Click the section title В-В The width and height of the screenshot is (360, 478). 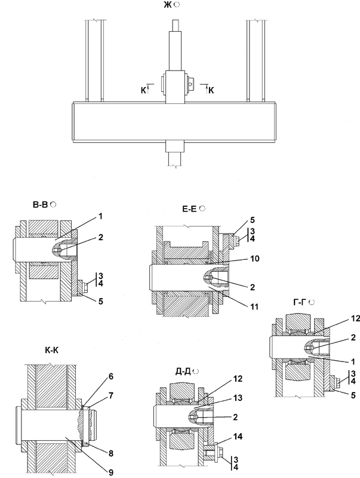pos(40,204)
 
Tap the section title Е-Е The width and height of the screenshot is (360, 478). pos(189,209)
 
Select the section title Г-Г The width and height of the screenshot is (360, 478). pos(300,302)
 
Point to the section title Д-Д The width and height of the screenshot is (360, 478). pos(183,371)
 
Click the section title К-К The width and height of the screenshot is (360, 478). pos(51,350)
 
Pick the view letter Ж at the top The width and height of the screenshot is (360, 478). pos(168,5)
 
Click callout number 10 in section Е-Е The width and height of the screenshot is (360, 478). pos(254,259)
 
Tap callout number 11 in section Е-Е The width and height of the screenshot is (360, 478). pos(254,307)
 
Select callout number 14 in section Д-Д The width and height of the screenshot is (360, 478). pos(238,437)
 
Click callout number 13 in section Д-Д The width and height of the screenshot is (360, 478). pos(238,398)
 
